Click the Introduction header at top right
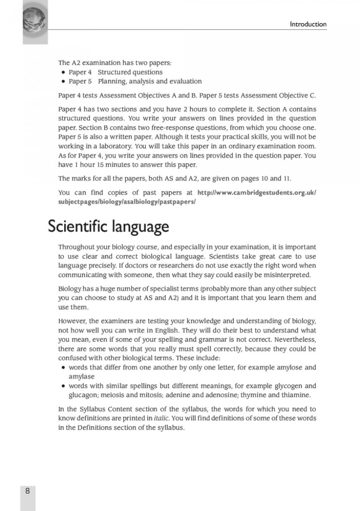(x=308, y=24)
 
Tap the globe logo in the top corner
(x=34, y=21)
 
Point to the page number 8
(x=28, y=491)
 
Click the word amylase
(x=82, y=377)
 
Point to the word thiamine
(x=297, y=395)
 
